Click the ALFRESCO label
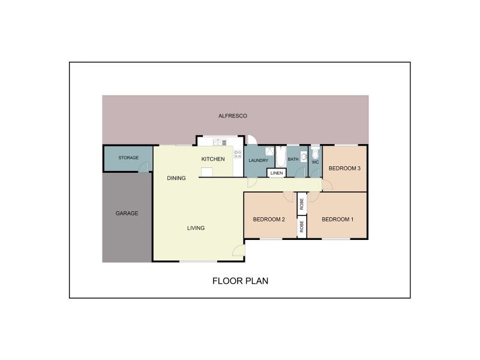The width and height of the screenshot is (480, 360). coord(233,115)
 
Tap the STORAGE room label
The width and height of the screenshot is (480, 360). coord(128,158)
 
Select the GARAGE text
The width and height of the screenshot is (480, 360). coord(127,213)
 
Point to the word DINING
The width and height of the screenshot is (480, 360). coord(176,178)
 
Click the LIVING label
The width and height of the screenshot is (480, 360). coord(196,228)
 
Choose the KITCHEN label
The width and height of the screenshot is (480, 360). coord(213,159)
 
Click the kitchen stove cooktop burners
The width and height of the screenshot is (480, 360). coord(238,154)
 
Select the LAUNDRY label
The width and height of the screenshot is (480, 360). coord(259,160)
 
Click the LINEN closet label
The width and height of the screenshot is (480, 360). coord(276,173)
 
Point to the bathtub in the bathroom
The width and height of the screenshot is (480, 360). coord(281,157)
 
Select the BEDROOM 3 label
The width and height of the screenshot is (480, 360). coord(344,169)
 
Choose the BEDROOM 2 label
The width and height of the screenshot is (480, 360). coord(268,220)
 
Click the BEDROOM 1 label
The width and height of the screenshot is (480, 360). coord(337,220)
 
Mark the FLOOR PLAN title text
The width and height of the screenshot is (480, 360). coord(240,280)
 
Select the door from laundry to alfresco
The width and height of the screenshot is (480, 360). coord(252,139)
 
